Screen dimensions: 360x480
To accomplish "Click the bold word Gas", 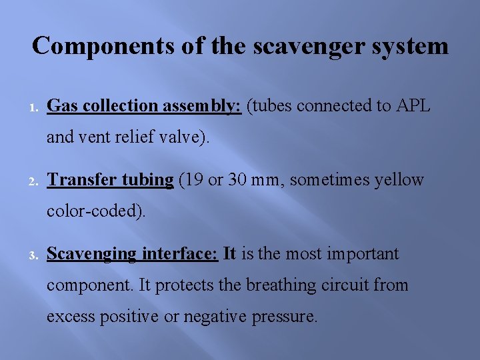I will (62, 105).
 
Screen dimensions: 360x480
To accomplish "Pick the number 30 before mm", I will (241, 179).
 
